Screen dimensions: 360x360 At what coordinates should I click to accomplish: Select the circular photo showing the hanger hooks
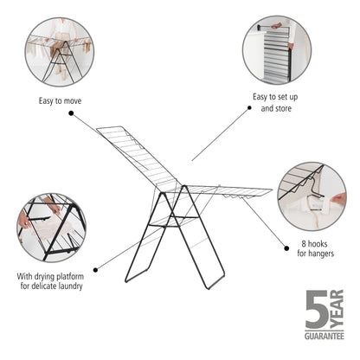click(x=312, y=196)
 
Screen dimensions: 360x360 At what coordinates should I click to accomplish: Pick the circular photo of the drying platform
click(x=49, y=228)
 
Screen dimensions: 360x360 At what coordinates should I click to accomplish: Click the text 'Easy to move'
click(x=60, y=101)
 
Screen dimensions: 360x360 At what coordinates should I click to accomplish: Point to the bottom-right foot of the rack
click(x=222, y=286)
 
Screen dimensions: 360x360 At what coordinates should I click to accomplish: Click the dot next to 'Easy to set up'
click(x=249, y=107)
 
